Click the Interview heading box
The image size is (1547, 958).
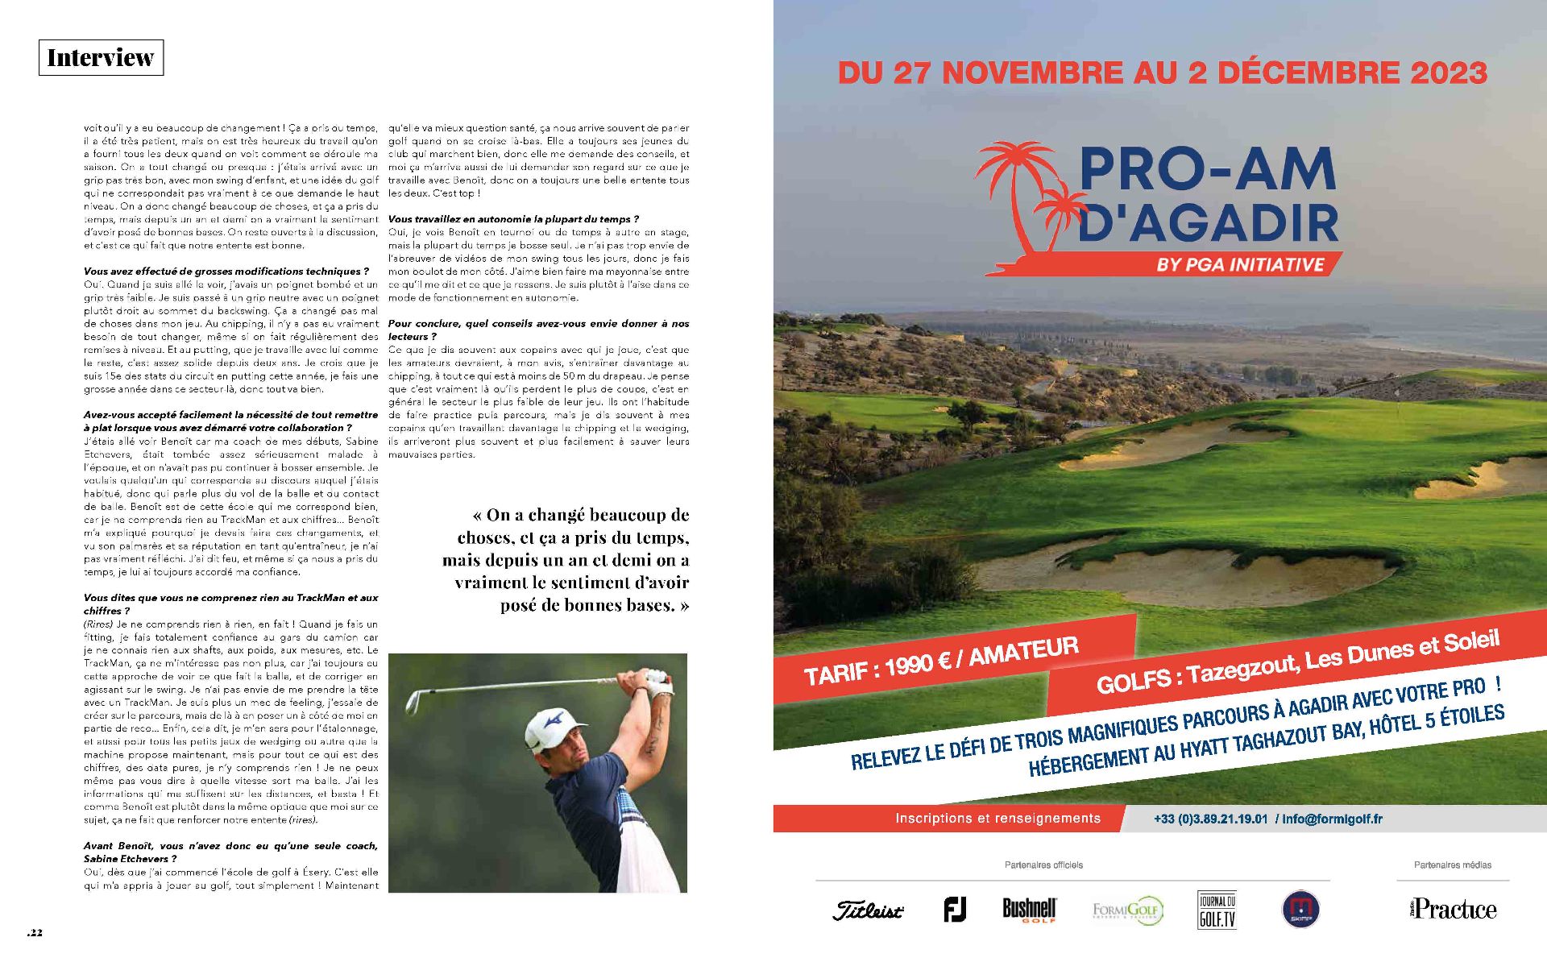[101, 58]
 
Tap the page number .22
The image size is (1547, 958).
[35, 933]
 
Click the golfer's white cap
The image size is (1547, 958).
[550, 726]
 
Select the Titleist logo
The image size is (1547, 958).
[868, 910]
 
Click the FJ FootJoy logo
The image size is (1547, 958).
[955, 910]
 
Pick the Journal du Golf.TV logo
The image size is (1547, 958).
[1217, 910]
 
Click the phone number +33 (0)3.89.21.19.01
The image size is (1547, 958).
[1211, 819]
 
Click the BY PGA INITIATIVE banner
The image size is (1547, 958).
[1240, 264]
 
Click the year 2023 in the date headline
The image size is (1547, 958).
[1448, 73]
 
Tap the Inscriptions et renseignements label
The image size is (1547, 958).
[997, 819]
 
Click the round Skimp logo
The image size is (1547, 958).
[1300, 910]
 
